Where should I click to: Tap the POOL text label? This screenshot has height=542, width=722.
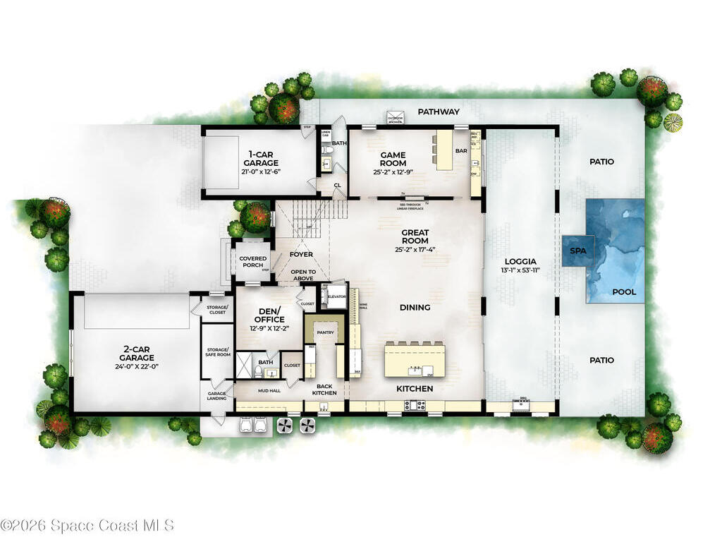(x=623, y=291)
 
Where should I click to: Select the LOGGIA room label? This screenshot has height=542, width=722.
(x=521, y=261)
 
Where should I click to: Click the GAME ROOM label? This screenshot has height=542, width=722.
(x=393, y=159)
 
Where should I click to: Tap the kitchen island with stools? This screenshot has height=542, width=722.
(x=415, y=360)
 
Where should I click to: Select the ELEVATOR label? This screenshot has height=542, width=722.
(x=336, y=297)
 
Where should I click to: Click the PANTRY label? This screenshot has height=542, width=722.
(x=325, y=332)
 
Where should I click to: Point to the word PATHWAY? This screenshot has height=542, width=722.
(x=439, y=112)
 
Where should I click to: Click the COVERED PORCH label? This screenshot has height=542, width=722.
(x=252, y=262)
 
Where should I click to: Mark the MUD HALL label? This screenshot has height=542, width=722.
(x=269, y=390)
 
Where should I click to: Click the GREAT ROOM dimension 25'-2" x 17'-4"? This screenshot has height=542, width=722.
(x=415, y=249)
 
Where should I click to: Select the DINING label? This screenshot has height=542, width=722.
(x=415, y=307)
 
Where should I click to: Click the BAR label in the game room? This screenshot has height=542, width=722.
(x=461, y=150)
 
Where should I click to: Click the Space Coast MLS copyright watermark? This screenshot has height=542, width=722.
(x=87, y=525)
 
